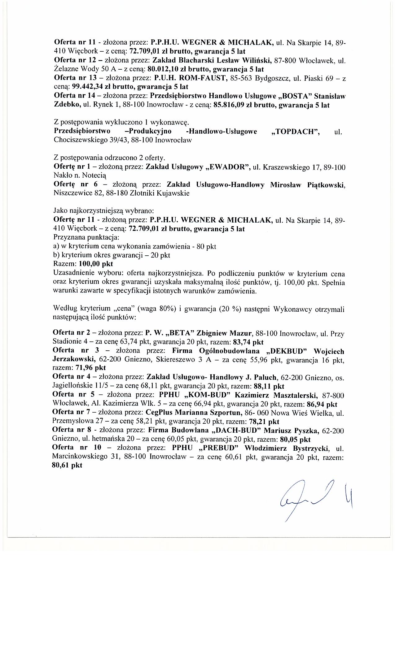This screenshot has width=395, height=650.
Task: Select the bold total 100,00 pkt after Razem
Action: point(96,264)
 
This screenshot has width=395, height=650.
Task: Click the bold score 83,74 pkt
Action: point(247,342)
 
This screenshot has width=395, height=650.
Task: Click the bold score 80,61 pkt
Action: point(67,465)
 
